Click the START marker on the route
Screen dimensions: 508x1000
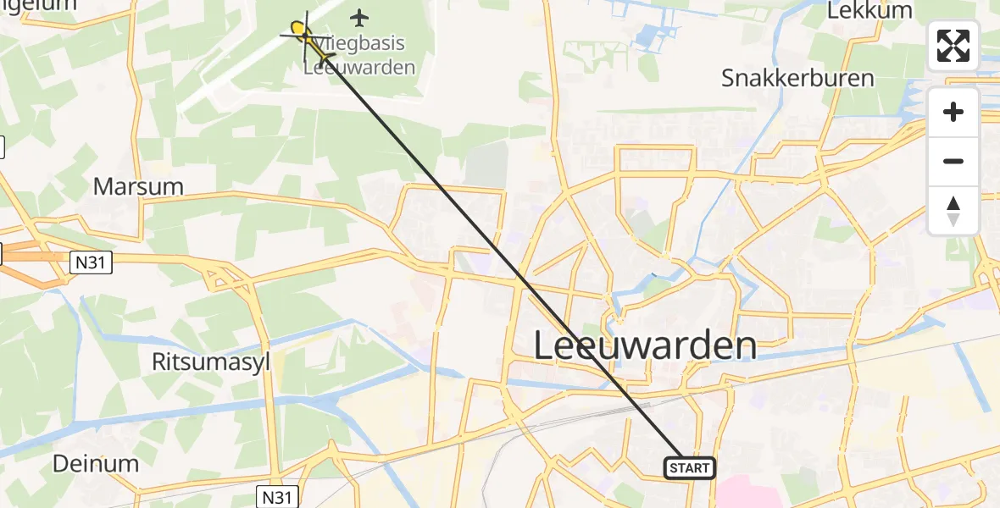click(690, 467)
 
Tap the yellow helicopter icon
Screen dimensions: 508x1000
click(302, 32)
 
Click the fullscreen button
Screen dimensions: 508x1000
click(953, 46)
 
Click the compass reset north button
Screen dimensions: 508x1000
click(953, 211)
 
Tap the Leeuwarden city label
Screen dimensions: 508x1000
click(646, 346)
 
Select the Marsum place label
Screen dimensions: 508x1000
click(138, 186)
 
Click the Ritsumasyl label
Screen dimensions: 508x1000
click(210, 362)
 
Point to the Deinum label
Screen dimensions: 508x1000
click(95, 463)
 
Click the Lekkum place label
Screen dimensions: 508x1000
click(869, 11)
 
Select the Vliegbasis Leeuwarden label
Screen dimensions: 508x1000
click(359, 55)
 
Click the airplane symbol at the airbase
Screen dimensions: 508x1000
click(360, 17)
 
